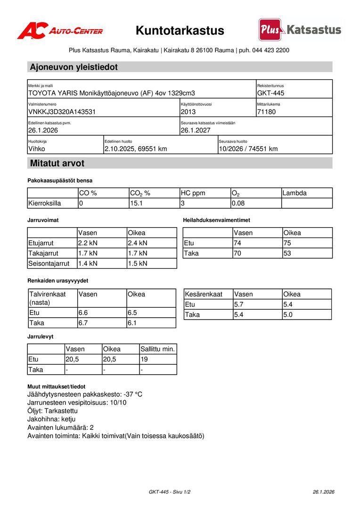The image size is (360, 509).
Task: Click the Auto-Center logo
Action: pos(60,31)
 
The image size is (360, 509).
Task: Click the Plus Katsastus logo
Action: pos(300,30)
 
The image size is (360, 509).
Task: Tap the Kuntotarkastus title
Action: pos(180,31)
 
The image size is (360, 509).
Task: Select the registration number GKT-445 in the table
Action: pos(271,93)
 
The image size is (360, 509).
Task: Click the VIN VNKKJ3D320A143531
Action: pos(62,112)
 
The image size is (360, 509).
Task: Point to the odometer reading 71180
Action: pos(266,112)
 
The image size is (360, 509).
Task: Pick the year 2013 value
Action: pos(188,112)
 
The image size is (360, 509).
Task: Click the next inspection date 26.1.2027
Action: pos(196,130)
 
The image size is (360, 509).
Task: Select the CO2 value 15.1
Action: pos(137,203)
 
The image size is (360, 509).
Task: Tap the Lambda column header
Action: pos(295,193)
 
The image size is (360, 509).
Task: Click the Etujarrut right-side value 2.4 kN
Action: pos(138,243)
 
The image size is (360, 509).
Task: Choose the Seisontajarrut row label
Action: pos(49,263)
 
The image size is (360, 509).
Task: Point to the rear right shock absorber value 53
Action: pos(287,253)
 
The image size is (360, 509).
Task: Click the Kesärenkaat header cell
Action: pos(204,294)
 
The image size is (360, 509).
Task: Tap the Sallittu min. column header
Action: pos(158,349)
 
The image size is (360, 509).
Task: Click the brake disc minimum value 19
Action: pos(145,359)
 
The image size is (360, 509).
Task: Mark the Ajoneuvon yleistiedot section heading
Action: pos(74,67)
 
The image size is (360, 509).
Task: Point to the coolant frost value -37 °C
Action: pos(133,394)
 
